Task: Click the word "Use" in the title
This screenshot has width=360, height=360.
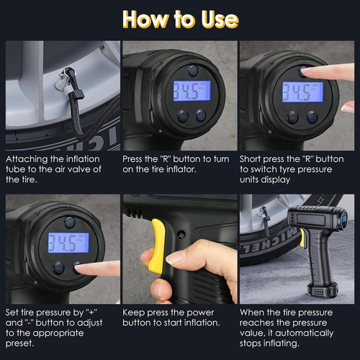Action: click(x=214, y=19)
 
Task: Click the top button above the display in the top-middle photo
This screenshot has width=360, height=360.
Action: click(x=193, y=70)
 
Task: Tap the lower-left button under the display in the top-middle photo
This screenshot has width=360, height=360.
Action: click(x=182, y=116)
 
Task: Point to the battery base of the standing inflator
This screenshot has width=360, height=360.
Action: click(x=322, y=289)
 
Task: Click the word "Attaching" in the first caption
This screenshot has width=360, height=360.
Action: click(x=29, y=158)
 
